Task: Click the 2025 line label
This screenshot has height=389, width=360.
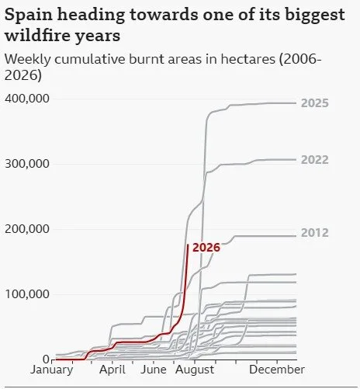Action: [x=315, y=103]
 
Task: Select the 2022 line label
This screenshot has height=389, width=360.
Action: [x=315, y=160]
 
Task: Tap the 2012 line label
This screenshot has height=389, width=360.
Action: [x=315, y=233]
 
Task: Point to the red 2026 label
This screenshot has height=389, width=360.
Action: [x=206, y=248]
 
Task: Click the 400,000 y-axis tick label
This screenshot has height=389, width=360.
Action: [x=27, y=99]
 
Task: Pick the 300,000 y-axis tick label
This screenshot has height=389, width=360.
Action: [x=27, y=164]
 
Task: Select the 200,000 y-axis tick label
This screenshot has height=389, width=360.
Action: [x=27, y=229]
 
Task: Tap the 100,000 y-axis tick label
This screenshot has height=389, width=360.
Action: [x=27, y=294]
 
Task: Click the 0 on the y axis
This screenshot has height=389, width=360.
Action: [x=46, y=359]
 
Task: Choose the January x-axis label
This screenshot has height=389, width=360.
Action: [x=52, y=370]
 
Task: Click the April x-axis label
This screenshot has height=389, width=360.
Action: [x=112, y=370]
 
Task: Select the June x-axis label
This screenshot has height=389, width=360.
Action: [x=154, y=370]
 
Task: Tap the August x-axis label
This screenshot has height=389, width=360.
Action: [x=195, y=370]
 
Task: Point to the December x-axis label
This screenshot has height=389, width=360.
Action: [x=277, y=370]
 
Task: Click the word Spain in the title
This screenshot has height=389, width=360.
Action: [x=29, y=15]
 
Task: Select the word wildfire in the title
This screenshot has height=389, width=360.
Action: [x=38, y=35]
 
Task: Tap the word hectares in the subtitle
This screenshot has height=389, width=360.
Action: [x=247, y=59]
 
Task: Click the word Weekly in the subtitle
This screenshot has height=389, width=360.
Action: [x=28, y=60]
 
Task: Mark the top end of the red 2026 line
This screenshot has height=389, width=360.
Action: [x=188, y=245]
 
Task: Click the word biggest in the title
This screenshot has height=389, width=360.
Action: [x=315, y=16]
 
